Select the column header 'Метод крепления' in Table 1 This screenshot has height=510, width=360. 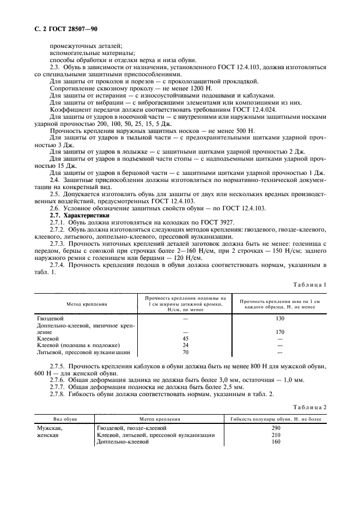87,304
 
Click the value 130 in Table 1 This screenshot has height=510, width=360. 280,318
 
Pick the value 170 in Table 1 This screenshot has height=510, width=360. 280,332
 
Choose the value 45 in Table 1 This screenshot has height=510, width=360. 185,338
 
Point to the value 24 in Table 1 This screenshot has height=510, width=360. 185,345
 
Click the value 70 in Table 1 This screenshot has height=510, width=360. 185,353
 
